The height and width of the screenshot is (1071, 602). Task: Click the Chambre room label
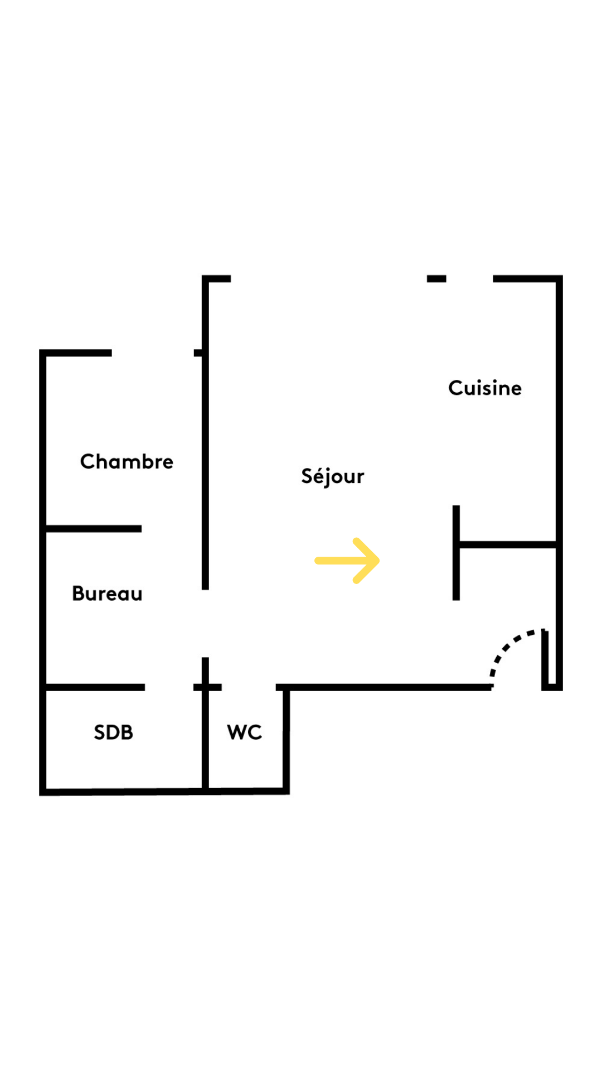click(x=127, y=461)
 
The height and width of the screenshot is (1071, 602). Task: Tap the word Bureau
click(x=107, y=594)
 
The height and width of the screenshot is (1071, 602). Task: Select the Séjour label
click(x=333, y=476)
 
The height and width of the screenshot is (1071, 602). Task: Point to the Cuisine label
click(x=485, y=388)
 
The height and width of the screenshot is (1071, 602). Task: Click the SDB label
click(x=114, y=732)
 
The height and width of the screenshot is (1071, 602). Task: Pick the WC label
click(x=244, y=732)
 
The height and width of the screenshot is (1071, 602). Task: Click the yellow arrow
click(x=347, y=561)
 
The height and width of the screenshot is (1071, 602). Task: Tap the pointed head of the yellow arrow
click(x=380, y=561)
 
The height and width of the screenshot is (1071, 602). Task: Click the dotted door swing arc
click(x=512, y=650)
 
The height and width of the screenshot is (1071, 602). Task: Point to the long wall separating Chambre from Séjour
click(x=205, y=433)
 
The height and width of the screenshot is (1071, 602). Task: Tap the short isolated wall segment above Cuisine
click(x=436, y=279)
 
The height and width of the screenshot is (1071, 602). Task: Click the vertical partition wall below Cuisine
click(x=456, y=553)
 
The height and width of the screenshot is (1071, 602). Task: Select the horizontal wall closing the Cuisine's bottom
click(x=508, y=544)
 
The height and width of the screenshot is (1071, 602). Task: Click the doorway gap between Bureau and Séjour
click(x=205, y=624)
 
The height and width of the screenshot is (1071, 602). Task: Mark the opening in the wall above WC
click(x=249, y=687)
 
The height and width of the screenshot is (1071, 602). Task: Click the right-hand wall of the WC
click(x=286, y=739)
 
